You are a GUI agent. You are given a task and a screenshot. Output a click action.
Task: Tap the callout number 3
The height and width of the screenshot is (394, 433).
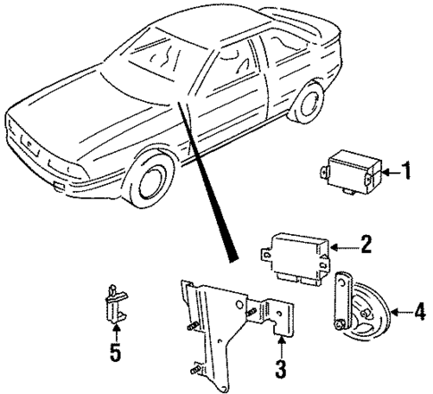[x=279, y=368]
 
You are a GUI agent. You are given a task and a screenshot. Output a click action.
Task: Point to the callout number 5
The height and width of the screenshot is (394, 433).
[x=114, y=354]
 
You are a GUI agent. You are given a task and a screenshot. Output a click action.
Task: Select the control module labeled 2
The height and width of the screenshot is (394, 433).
[x=296, y=258]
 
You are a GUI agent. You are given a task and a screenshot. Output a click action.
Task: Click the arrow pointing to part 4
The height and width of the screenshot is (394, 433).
[x=398, y=313]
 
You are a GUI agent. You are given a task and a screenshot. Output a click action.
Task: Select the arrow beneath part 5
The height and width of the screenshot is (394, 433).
[x=114, y=337]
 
